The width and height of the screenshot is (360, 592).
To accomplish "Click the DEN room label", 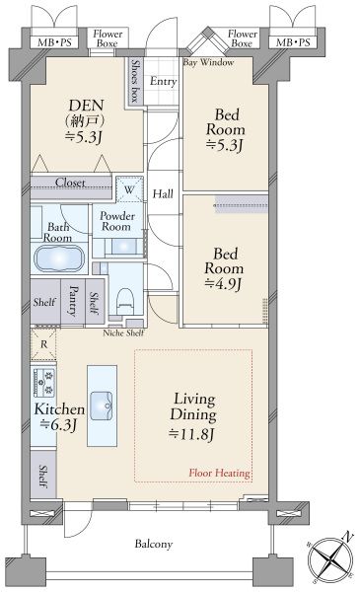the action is [x=86, y=105].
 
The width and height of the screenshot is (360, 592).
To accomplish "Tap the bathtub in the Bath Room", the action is [x=59, y=259].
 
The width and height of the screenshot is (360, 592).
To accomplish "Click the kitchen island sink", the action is [x=102, y=406].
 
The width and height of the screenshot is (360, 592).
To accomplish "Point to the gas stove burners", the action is [x=44, y=383].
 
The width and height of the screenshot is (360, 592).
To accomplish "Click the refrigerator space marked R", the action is [x=43, y=344].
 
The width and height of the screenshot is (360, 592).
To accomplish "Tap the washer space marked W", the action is [x=129, y=189].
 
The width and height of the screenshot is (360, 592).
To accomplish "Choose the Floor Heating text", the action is [x=219, y=473].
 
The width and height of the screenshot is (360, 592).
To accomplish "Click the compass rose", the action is [x=331, y=557].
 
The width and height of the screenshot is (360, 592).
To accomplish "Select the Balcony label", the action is [x=154, y=544].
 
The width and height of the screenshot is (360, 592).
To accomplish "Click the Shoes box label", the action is [x=135, y=81].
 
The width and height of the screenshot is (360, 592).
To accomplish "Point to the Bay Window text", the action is [x=209, y=62].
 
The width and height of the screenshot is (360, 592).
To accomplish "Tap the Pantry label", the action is [x=73, y=301].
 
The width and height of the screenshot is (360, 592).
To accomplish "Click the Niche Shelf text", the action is [x=123, y=333].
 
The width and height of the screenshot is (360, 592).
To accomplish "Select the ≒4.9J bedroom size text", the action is [x=223, y=284].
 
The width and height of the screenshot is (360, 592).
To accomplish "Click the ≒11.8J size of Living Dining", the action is [x=191, y=434].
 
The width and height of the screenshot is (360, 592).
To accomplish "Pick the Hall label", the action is [x=163, y=194].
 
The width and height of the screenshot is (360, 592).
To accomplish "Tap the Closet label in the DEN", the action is [x=70, y=183].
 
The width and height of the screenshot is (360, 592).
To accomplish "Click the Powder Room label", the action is [x=117, y=221].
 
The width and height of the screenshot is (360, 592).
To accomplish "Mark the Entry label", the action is [x=163, y=81].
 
